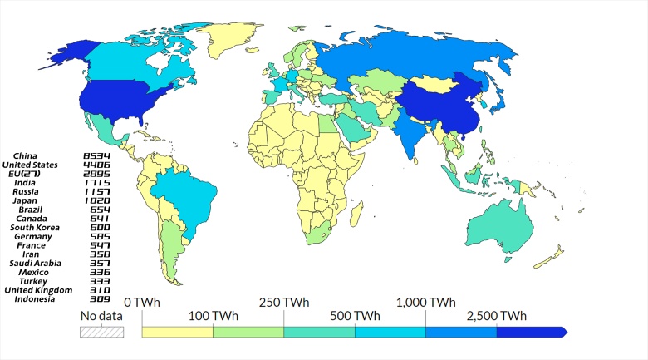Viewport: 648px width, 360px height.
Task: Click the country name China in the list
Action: (37, 155)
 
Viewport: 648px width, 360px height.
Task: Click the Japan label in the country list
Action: (37, 200)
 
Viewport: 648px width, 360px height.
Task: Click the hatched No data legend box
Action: (101, 332)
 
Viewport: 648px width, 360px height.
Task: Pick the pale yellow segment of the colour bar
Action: (177, 332)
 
